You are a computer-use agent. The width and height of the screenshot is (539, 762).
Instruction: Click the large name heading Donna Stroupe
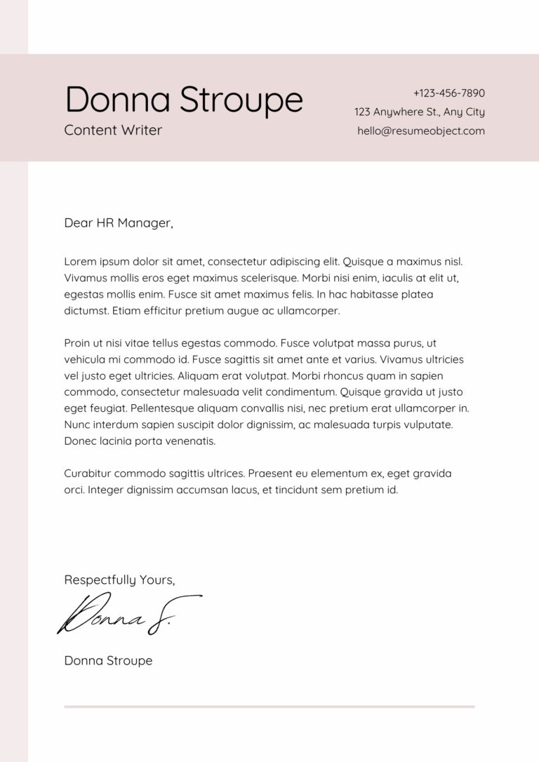pyautogui.click(x=184, y=100)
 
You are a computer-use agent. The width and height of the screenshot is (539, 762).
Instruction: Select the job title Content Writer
pyautogui.click(x=113, y=130)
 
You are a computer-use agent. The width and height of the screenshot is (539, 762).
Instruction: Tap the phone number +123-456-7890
pyautogui.click(x=448, y=93)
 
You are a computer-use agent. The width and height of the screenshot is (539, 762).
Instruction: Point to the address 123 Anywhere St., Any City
pyautogui.click(x=419, y=112)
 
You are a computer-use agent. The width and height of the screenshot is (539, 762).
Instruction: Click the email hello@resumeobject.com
pyautogui.click(x=420, y=131)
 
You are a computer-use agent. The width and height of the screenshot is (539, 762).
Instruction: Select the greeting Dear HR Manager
pyautogui.click(x=118, y=223)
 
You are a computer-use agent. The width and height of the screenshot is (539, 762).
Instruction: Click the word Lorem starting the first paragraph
pyautogui.click(x=79, y=262)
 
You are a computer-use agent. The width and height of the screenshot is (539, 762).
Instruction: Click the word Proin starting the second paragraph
pyautogui.click(x=77, y=343)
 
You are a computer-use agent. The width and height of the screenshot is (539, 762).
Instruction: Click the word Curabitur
pyautogui.click(x=88, y=474)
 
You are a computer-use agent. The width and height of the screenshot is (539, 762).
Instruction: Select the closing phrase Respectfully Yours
pyautogui.click(x=119, y=580)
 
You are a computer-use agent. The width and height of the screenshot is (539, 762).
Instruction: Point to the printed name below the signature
pyautogui.click(x=108, y=660)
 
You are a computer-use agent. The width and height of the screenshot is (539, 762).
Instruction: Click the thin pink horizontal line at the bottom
pyautogui.click(x=269, y=707)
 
